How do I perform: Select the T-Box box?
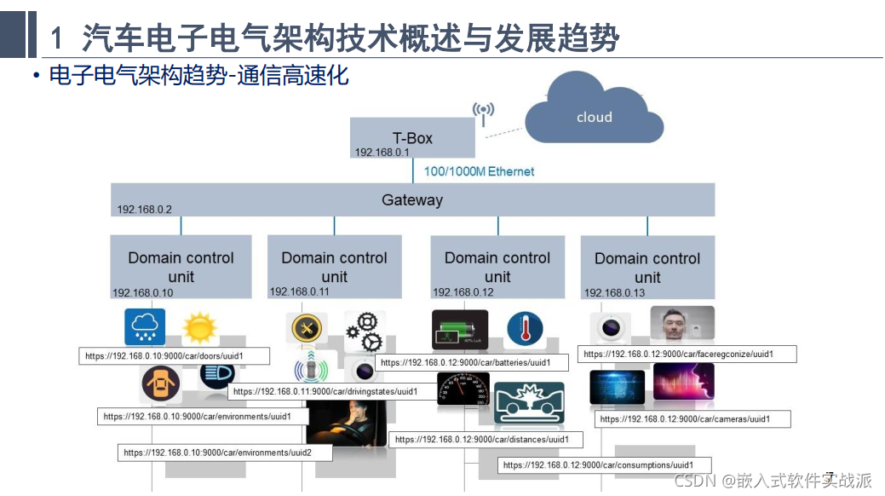click(412, 137)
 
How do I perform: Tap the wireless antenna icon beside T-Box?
click(484, 112)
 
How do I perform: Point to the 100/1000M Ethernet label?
click(479, 171)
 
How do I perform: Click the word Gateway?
click(412, 200)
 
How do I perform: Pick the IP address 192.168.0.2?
click(145, 210)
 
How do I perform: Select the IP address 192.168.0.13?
click(614, 293)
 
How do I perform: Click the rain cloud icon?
click(145, 327)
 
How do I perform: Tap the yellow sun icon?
click(199, 328)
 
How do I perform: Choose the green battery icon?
click(460, 331)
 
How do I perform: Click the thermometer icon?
click(524, 331)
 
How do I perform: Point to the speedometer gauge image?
click(463, 389)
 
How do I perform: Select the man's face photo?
click(682, 324)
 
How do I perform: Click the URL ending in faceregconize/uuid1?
click(687, 354)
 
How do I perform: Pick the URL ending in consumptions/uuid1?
click(598, 465)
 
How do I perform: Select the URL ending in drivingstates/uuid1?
click(325, 392)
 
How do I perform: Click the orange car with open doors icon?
click(161, 384)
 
